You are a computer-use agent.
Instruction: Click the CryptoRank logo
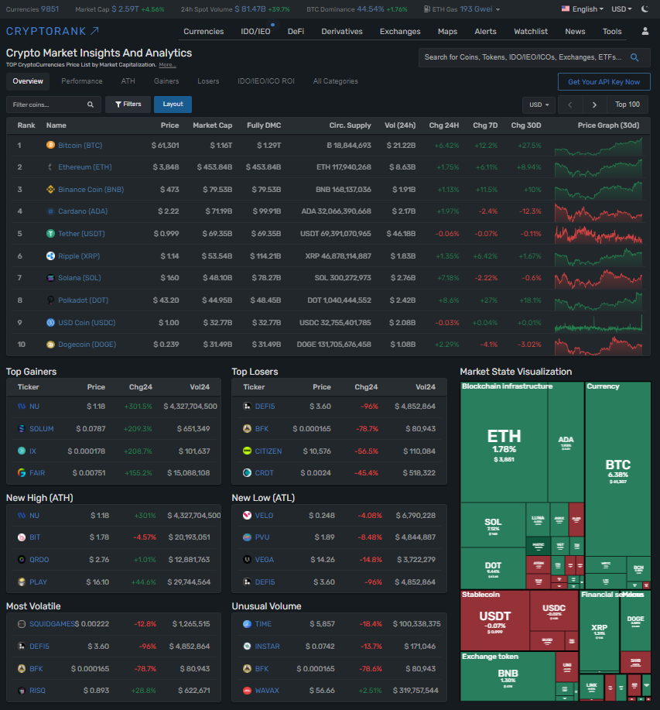click(52, 31)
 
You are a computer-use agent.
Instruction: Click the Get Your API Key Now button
click(604, 82)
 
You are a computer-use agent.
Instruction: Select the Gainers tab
click(166, 81)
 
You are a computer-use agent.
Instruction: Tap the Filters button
click(128, 105)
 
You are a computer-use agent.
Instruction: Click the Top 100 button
click(627, 105)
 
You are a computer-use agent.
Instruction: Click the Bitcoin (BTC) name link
click(80, 146)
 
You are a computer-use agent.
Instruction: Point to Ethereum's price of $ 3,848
click(166, 167)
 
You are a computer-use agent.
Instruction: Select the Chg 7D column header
click(485, 125)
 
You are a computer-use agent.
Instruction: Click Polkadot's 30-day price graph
click(597, 300)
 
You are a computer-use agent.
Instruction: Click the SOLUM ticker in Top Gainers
click(42, 429)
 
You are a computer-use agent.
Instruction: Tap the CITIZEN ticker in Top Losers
click(268, 451)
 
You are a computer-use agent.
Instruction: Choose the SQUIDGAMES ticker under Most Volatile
click(52, 624)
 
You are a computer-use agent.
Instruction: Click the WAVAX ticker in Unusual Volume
click(267, 690)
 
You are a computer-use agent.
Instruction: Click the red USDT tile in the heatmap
click(494, 619)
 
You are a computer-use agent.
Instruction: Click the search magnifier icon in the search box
click(635, 57)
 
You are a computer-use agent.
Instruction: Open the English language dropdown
click(584, 9)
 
